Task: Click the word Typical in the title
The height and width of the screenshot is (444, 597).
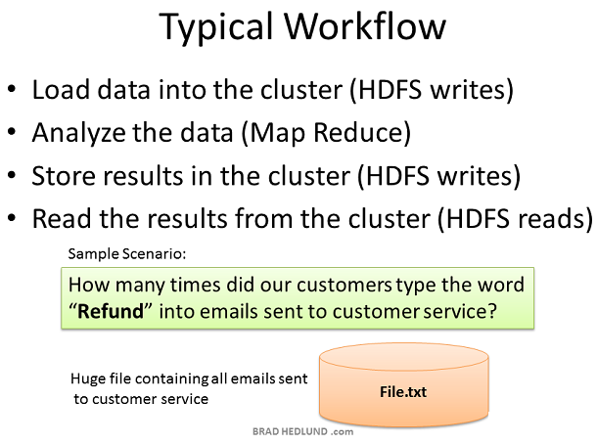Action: click(x=216, y=27)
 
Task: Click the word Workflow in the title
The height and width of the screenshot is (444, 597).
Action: click(x=365, y=25)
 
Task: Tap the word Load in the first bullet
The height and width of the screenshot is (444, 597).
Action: click(x=60, y=89)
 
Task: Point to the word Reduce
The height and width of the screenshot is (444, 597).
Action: click(x=358, y=132)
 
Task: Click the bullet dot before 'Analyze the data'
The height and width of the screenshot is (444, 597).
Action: click(x=12, y=131)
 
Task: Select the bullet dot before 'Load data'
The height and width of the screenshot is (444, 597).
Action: click(x=12, y=88)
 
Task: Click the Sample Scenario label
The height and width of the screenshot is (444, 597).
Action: click(x=127, y=253)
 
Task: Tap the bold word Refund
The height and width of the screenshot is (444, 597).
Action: click(x=111, y=311)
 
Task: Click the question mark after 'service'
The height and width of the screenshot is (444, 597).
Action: click(x=491, y=311)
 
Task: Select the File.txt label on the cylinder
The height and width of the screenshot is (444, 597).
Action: click(x=403, y=392)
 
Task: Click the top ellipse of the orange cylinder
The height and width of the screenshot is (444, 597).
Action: click(x=403, y=357)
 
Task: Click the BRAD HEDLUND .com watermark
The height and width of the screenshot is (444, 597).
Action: click(x=302, y=431)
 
